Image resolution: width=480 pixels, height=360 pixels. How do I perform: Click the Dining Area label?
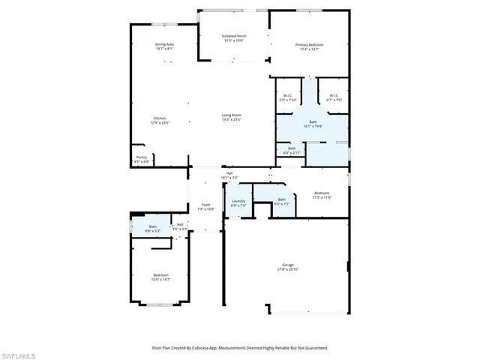[165, 45]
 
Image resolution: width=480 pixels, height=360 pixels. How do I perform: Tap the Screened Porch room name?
[233, 36]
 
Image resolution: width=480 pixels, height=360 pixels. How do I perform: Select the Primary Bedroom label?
[309, 45]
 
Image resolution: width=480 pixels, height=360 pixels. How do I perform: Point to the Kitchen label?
[160, 118]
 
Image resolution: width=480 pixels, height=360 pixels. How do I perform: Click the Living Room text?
[231, 115]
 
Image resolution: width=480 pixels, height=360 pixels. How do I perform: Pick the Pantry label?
[141, 157]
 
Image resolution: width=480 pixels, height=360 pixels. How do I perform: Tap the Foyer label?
[205, 205]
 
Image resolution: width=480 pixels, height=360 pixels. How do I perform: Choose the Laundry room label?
[238, 201]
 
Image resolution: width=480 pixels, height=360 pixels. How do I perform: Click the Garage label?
[288, 265]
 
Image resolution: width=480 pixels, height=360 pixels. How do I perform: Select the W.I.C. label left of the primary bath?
[288, 95]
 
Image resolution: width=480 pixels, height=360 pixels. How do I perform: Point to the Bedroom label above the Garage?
[321, 193]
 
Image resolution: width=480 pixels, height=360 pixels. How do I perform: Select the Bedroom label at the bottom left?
[161, 274]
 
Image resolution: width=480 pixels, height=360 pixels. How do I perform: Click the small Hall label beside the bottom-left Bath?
[180, 224]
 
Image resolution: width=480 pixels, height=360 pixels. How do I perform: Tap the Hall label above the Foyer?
[229, 173]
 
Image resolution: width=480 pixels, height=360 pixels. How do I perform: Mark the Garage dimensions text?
[288, 269]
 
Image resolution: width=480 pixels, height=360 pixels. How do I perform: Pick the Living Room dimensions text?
[231, 119]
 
